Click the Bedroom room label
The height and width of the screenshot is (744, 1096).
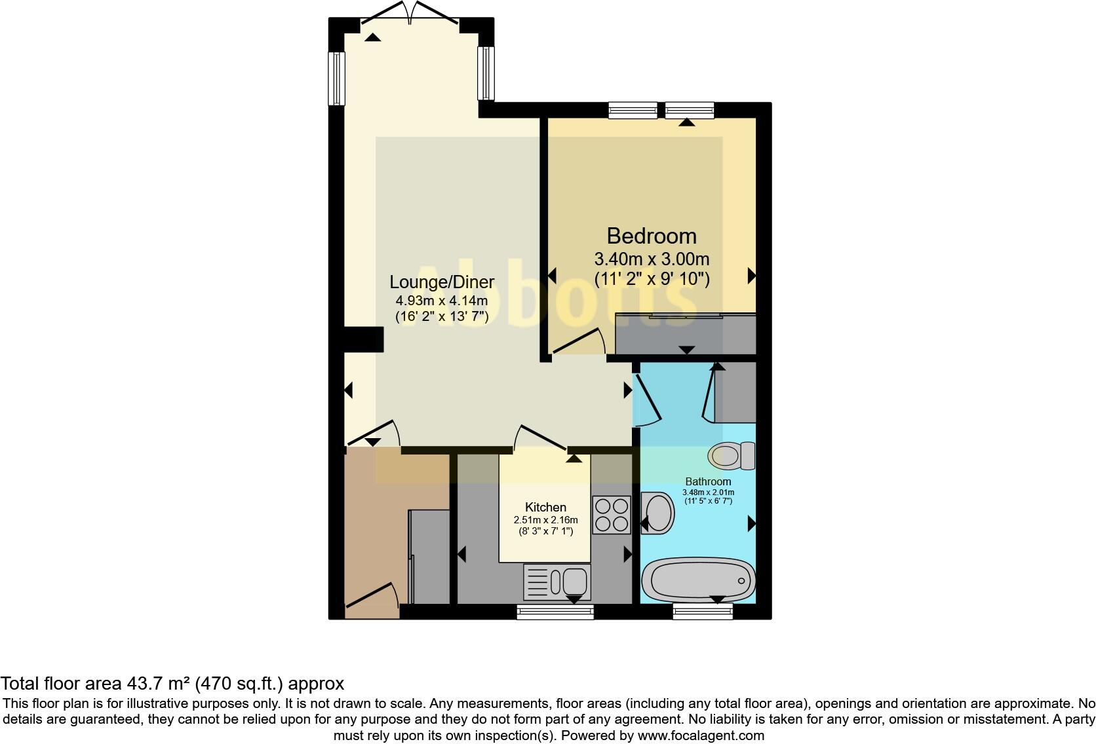click(x=651, y=236)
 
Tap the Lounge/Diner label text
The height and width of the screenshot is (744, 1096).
click(x=442, y=282)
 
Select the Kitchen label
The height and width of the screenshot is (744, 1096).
click(x=545, y=508)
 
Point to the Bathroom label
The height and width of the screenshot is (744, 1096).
click(x=708, y=481)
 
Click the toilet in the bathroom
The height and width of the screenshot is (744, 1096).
click(x=732, y=456)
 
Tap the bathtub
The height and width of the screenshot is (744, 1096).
click(x=698, y=580)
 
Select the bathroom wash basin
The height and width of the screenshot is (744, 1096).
click(x=657, y=513)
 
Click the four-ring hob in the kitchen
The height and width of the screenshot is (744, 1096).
click(x=611, y=514)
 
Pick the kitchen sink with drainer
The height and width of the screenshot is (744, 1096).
click(x=557, y=581)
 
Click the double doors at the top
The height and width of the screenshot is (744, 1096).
click(x=410, y=13)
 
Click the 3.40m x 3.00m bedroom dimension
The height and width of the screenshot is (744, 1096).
click(x=651, y=259)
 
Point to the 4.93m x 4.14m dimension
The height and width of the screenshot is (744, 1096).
click(x=441, y=301)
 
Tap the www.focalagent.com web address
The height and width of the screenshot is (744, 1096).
click(x=701, y=735)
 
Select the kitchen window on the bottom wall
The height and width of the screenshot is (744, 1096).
click(x=555, y=612)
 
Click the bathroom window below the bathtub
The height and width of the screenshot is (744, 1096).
click(x=703, y=612)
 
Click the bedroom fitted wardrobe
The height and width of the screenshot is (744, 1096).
click(x=686, y=335)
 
